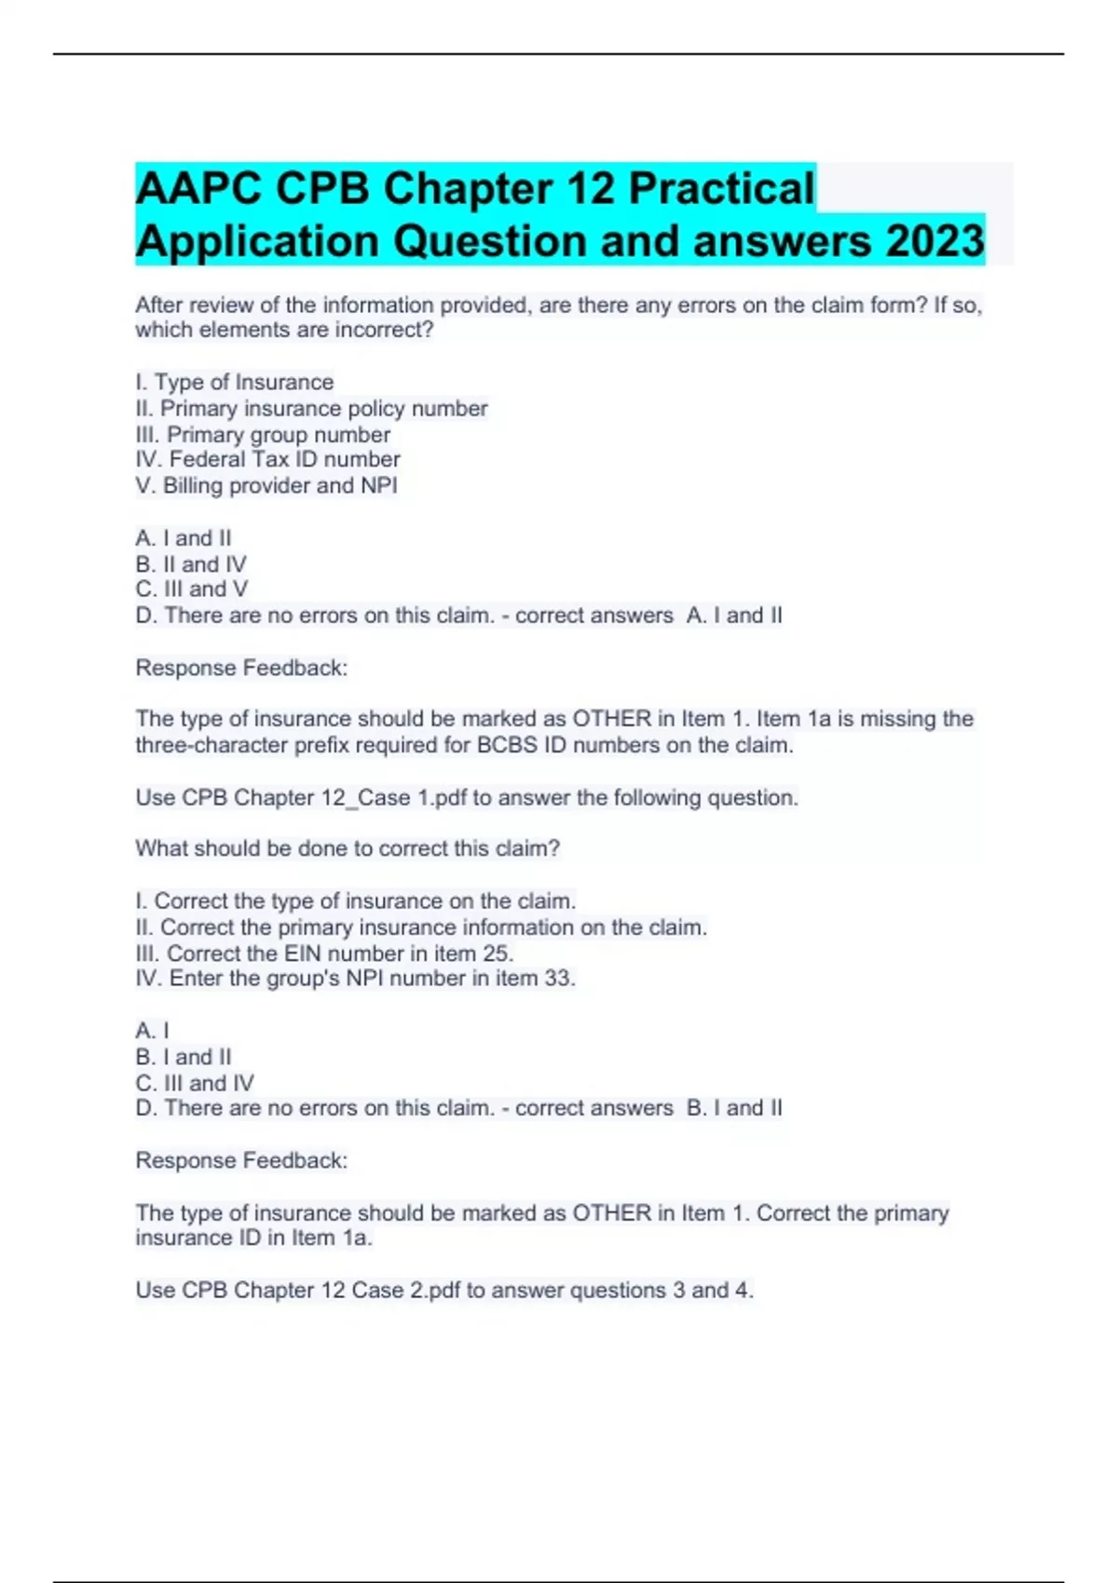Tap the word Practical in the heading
pyautogui.click(x=722, y=188)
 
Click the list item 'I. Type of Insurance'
pyautogui.click(x=234, y=383)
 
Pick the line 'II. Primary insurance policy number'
pyautogui.click(x=311, y=409)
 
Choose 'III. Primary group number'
pyautogui.click(x=263, y=435)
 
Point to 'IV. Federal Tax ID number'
pyautogui.click(x=267, y=459)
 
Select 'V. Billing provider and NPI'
pyautogui.click(x=266, y=485)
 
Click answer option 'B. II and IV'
pyautogui.click(x=191, y=564)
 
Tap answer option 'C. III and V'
pyautogui.click(x=192, y=589)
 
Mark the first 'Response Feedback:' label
pyautogui.click(x=241, y=668)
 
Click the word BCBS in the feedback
pyautogui.click(x=508, y=745)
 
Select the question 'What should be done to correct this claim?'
pyautogui.click(x=348, y=848)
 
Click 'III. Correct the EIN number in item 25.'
pyautogui.click(x=324, y=954)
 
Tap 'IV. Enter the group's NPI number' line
pyautogui.click(x=355, y=978)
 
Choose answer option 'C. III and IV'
pyautogui.click(x=195, y=1083)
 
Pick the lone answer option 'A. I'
pyautogui.click(x=153, y=1031)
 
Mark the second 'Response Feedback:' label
pyautogui.click(x=241, y=1160)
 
